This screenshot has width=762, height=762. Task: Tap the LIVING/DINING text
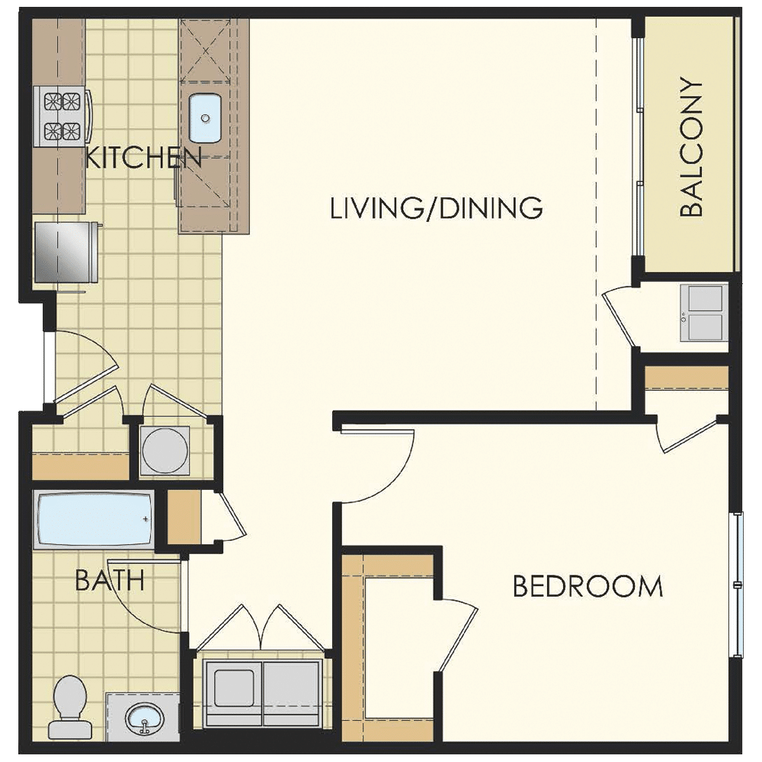(436, 207)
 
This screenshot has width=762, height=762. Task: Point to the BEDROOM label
(588, 587)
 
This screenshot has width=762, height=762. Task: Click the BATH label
(110, 581)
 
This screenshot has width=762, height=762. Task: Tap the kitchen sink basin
(204, 118)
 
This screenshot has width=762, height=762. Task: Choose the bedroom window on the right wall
(737, 584)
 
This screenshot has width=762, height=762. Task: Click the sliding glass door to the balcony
(638, 145)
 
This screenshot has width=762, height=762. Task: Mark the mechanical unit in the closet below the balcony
(706, 312)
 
